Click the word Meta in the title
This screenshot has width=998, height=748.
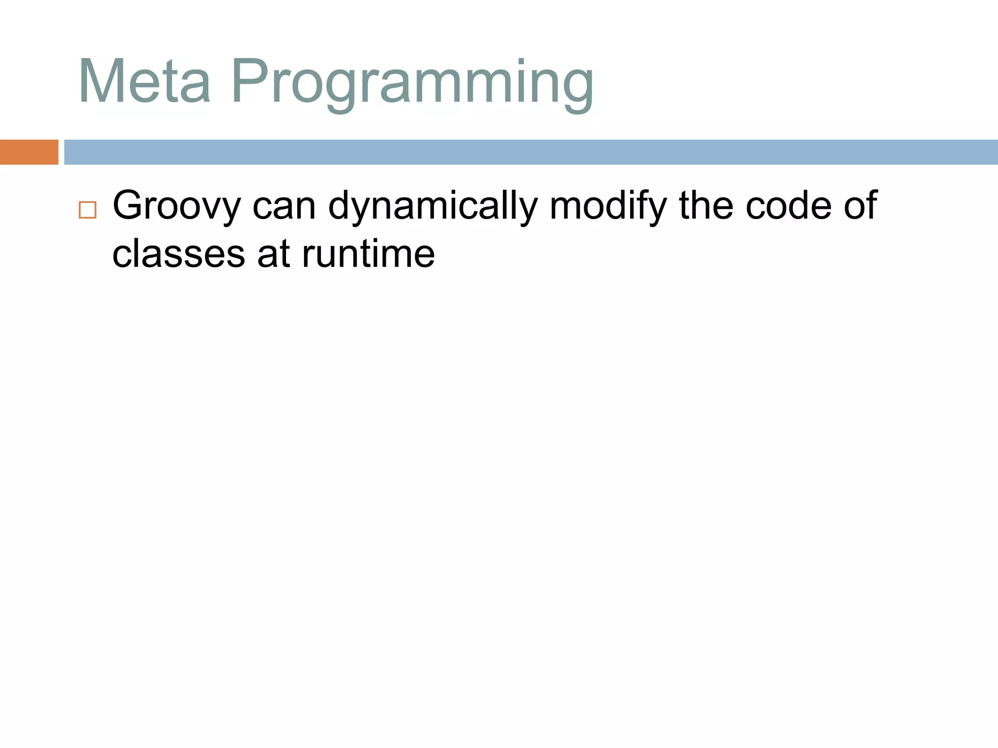(144, 82)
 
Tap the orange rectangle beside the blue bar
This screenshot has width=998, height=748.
(29, 152)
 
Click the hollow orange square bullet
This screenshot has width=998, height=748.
(88, 210)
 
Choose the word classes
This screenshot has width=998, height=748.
(178, 254)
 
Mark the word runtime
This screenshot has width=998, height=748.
(368, 254)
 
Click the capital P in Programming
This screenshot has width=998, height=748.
(249, 81)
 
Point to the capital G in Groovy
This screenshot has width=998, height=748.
(128, 206)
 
